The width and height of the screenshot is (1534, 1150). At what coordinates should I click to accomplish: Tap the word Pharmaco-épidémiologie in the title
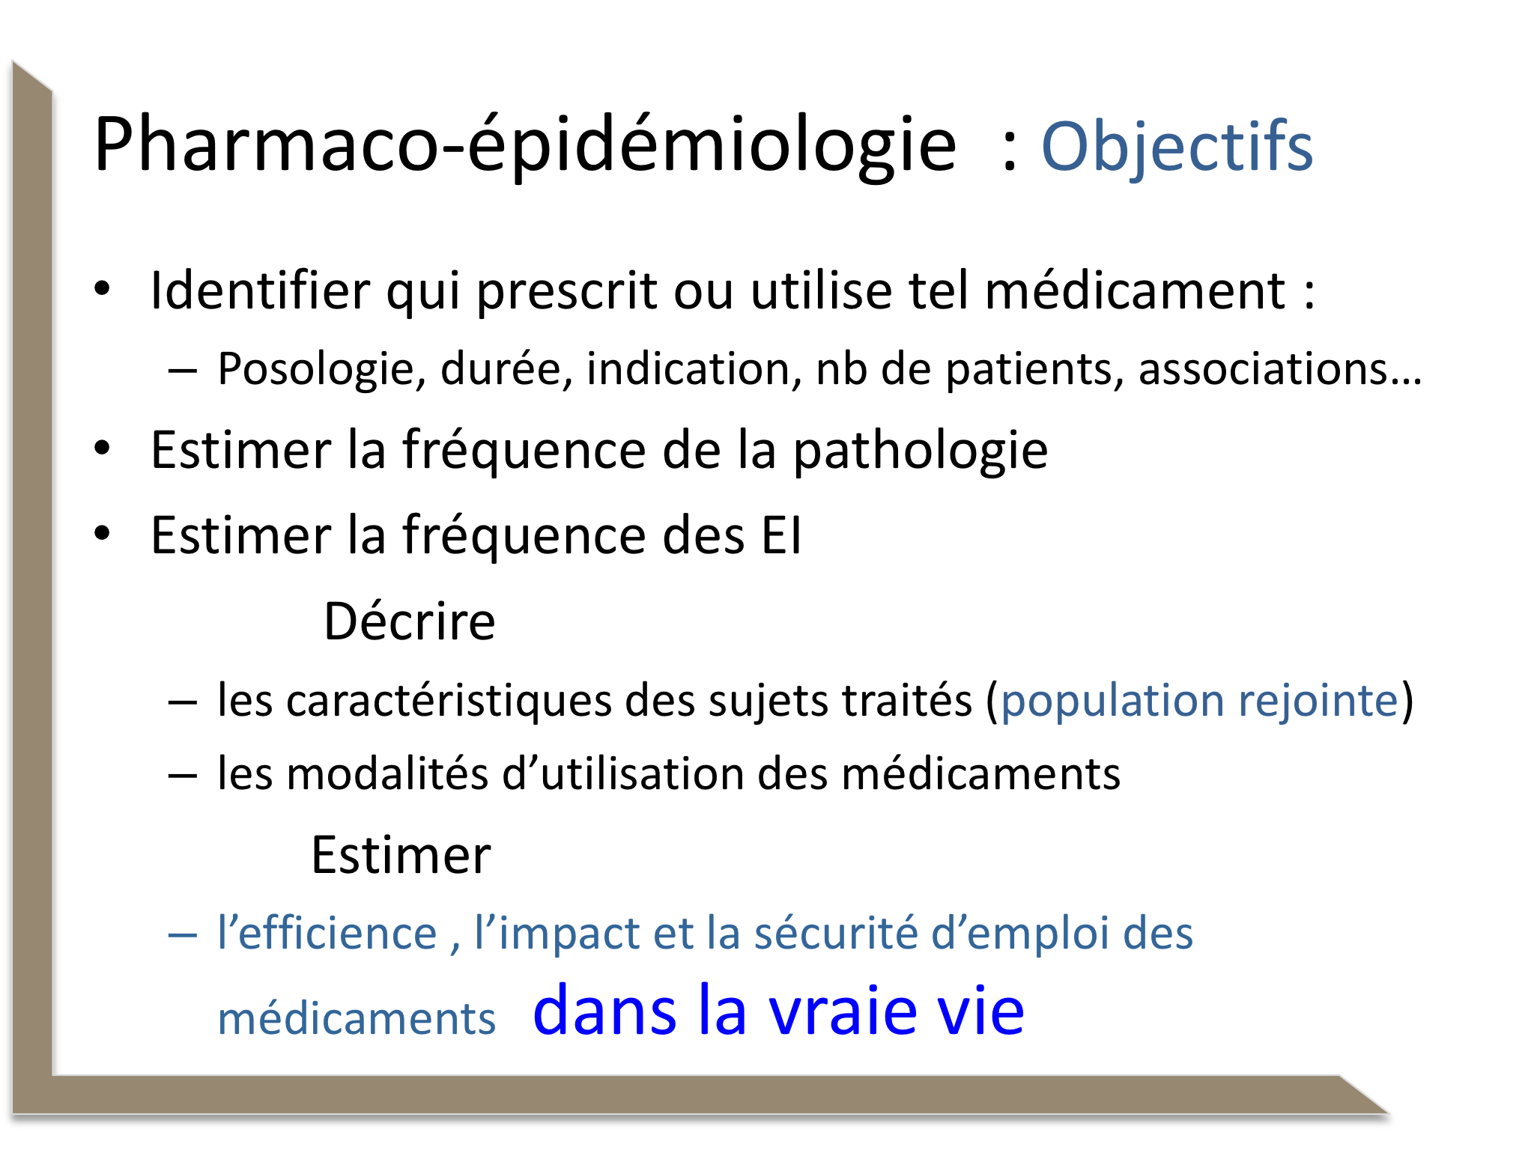click(x=525, y=146)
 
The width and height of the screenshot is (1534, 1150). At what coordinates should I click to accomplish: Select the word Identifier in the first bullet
click(x=260, y=290)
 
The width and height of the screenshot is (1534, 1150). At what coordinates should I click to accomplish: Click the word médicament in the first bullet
click(x=1136, y=290)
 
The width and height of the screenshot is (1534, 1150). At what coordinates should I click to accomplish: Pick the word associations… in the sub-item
click(x=1280, y=368)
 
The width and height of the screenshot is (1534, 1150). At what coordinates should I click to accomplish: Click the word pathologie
click(x=921, y=451)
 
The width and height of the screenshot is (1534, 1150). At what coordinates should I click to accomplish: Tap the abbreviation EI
click(x=781, y=535)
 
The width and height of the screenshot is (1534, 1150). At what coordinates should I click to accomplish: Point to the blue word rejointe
click(x=1318, y=702)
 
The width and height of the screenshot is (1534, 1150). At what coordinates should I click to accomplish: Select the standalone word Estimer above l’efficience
click(x=401, y=855)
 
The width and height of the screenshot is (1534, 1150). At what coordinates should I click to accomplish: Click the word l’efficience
click(x=327, y=933)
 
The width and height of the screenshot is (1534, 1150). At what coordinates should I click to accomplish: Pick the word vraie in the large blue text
click(x=843, y=1011)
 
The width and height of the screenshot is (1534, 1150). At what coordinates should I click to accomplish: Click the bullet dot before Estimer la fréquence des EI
click(x=103, y=534)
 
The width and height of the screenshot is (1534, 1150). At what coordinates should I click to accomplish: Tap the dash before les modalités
click(x=183, y=776)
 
